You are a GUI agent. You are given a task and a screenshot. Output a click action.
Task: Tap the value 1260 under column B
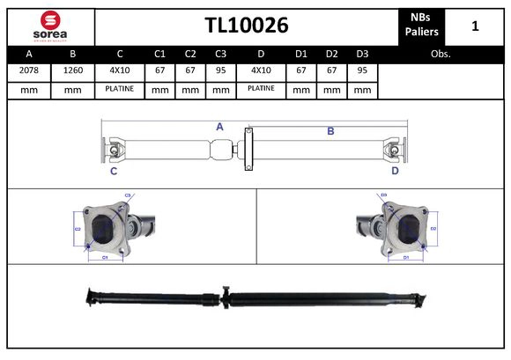click(73, 70)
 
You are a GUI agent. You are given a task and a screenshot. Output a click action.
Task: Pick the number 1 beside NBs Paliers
click(475, 26)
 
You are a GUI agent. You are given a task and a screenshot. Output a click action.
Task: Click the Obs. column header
click(441, 54)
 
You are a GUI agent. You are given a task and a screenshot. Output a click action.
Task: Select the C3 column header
click(220, 54)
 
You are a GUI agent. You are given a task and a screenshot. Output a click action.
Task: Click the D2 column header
click(331, 54)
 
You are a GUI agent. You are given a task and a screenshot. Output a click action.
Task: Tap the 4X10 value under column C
click(119, 70)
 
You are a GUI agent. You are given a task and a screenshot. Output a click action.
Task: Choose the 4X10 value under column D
click(261, 70)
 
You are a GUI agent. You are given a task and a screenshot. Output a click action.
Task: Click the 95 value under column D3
click(361, 70)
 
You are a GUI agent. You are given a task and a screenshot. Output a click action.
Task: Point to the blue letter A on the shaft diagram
click(219, 127)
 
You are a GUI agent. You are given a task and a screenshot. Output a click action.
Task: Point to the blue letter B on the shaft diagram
click(330, 131)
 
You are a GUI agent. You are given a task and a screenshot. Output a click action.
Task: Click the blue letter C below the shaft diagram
click(114, 171)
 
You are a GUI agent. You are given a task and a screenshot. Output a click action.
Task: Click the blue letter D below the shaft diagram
click(395, 171)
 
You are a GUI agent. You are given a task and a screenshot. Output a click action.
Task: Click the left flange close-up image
click(110, 228)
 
